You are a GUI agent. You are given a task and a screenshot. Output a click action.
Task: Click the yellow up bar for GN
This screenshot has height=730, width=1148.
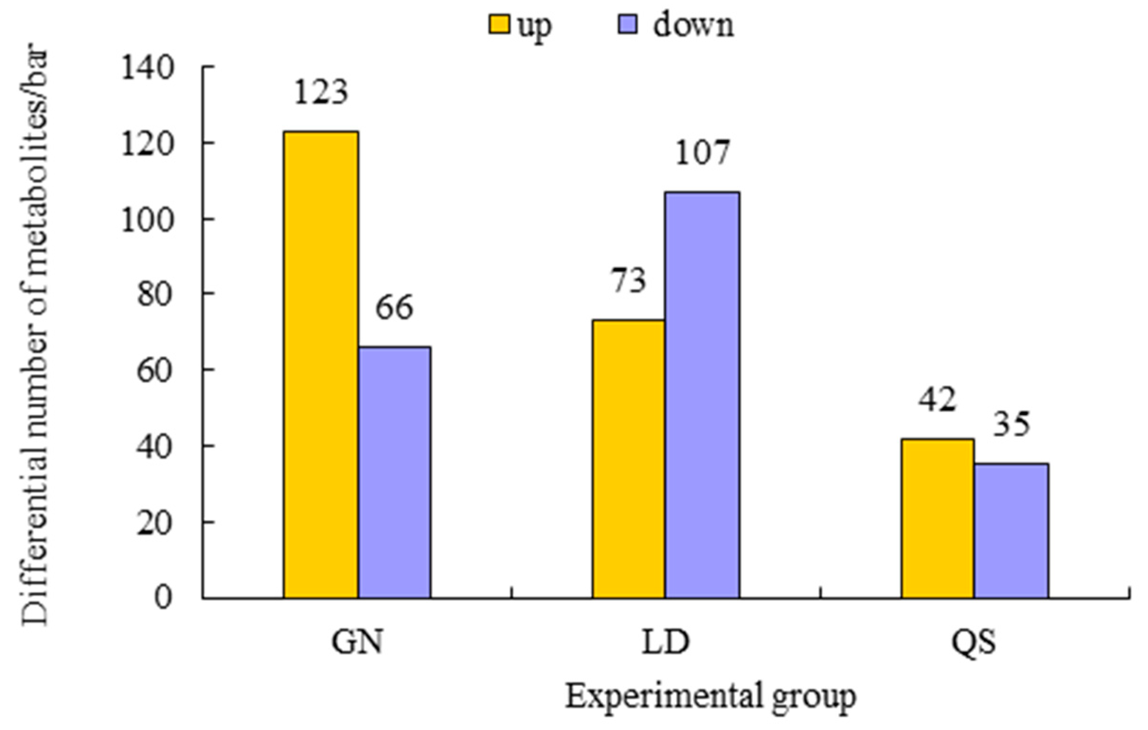click(321, 365)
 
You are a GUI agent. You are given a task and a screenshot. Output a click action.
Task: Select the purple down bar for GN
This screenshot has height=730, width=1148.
click(395, 472)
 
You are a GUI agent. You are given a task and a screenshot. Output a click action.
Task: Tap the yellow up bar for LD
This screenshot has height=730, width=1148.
click(629, 459)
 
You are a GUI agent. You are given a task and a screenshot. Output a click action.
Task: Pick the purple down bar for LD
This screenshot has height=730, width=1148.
click(702, 395)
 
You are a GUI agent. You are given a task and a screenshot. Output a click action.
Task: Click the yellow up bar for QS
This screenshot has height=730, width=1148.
click(937, 518)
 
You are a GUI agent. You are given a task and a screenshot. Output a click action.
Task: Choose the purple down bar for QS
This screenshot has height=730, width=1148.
click(1011, 531)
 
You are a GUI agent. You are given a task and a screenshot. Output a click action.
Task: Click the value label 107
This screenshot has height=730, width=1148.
click(702, 153)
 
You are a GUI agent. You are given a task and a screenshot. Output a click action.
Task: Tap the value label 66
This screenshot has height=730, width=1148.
click(394, 308)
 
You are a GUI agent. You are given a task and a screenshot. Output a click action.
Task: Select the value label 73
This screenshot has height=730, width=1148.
click(629, 281)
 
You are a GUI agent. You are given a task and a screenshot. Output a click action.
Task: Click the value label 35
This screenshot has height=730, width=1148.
click(1011, 425)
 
